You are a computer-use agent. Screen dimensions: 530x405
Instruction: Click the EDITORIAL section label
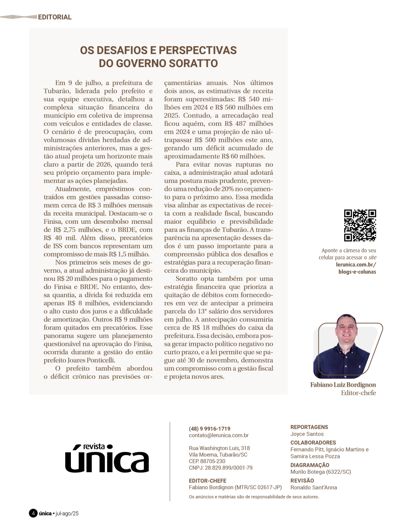coord(55,17)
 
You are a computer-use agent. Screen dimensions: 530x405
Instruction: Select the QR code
coord(360,225)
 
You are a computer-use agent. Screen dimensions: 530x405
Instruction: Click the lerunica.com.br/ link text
coord(356,265)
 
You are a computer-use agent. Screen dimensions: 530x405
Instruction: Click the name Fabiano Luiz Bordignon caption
coord(343,385)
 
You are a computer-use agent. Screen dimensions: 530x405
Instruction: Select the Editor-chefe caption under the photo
coord(358,393)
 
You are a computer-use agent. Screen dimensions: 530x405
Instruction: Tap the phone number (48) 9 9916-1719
coord(209,428)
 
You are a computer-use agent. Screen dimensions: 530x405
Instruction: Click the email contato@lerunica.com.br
coord(219,435)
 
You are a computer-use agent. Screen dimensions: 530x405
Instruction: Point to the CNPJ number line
coord(220,468)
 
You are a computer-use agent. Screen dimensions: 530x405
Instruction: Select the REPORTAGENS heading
coord(309,427)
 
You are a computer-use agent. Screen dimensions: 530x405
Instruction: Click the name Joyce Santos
coord(307,434)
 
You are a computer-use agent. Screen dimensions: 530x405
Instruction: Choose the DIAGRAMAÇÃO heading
coord(309,465)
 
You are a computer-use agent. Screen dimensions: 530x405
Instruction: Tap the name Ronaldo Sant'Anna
coord(313,488)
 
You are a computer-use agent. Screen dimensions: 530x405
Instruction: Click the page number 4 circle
coord(33,513)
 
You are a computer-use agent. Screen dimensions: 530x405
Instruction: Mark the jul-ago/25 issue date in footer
coord(67,513)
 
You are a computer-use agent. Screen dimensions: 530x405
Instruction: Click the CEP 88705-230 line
coord(207,461)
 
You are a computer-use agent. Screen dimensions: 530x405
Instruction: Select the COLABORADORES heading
coord(313,443)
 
